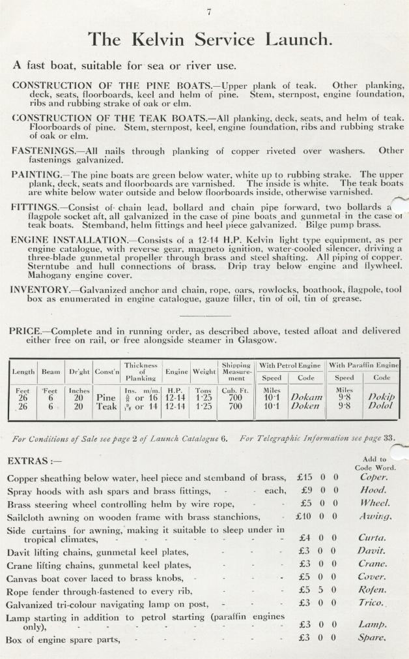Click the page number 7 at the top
point(209,12)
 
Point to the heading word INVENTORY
point(41,289)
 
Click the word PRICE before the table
point(25,331)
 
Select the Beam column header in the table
point(51,372)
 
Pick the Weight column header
point(204,372)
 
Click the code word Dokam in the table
point(307,397)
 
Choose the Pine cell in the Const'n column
point(106,397)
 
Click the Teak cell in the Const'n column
point(106,406)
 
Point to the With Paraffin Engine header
point(363,365)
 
